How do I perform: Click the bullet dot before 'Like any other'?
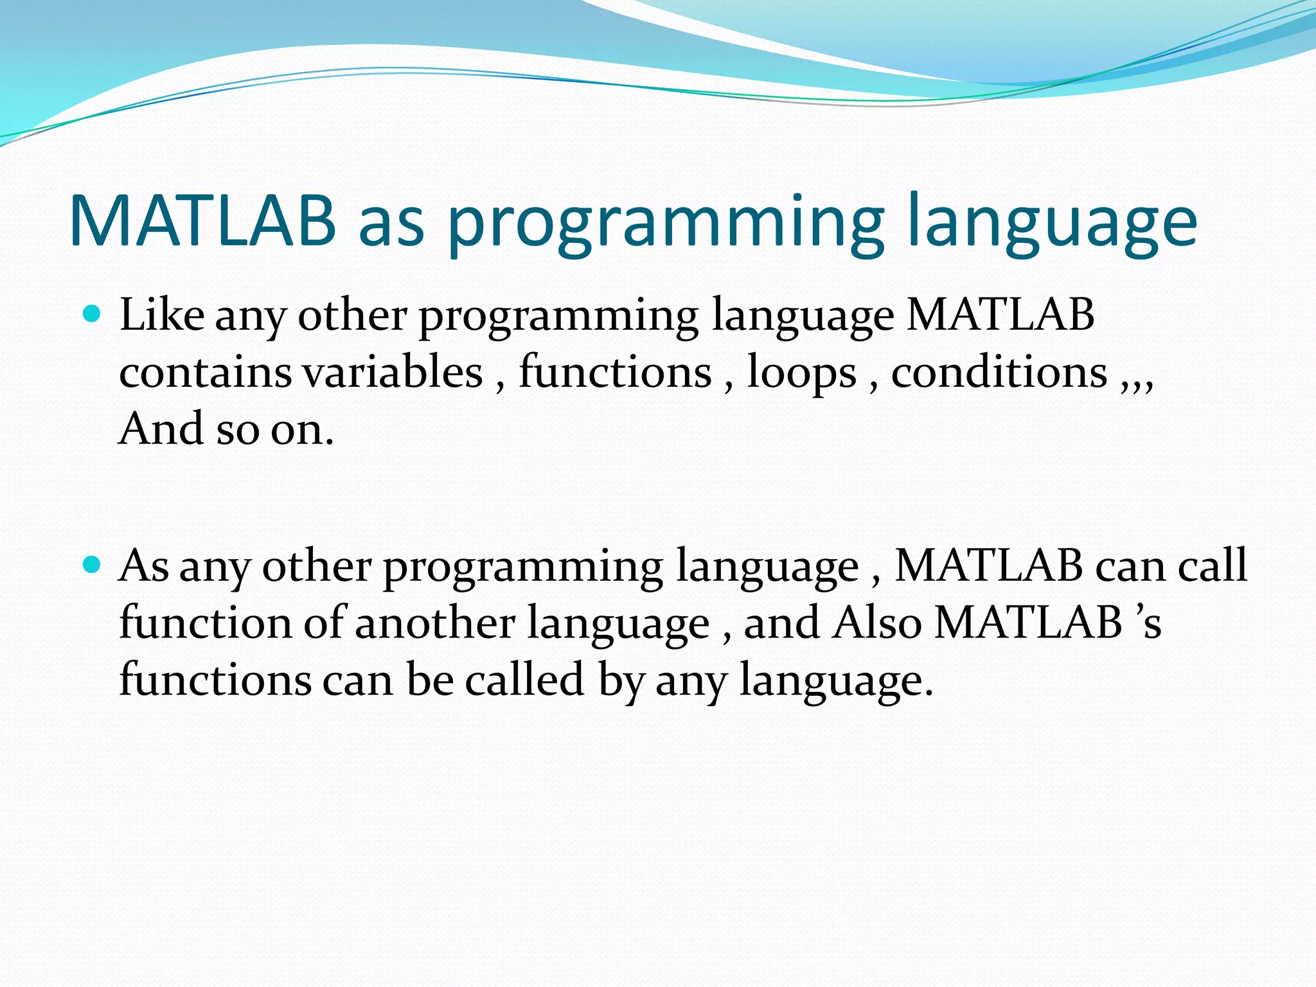tap(93, 314)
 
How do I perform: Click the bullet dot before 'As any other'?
tap(93, 565)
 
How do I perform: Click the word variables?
tap(393, 372)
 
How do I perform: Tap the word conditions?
tap(999, 372)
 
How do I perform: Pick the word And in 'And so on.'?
tap(161, 429)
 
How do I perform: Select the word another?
tap(435, 623)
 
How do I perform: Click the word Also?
tap(877, 623)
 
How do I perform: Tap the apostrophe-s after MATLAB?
tap(1148, 623)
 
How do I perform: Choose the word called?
tap(524, 680)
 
